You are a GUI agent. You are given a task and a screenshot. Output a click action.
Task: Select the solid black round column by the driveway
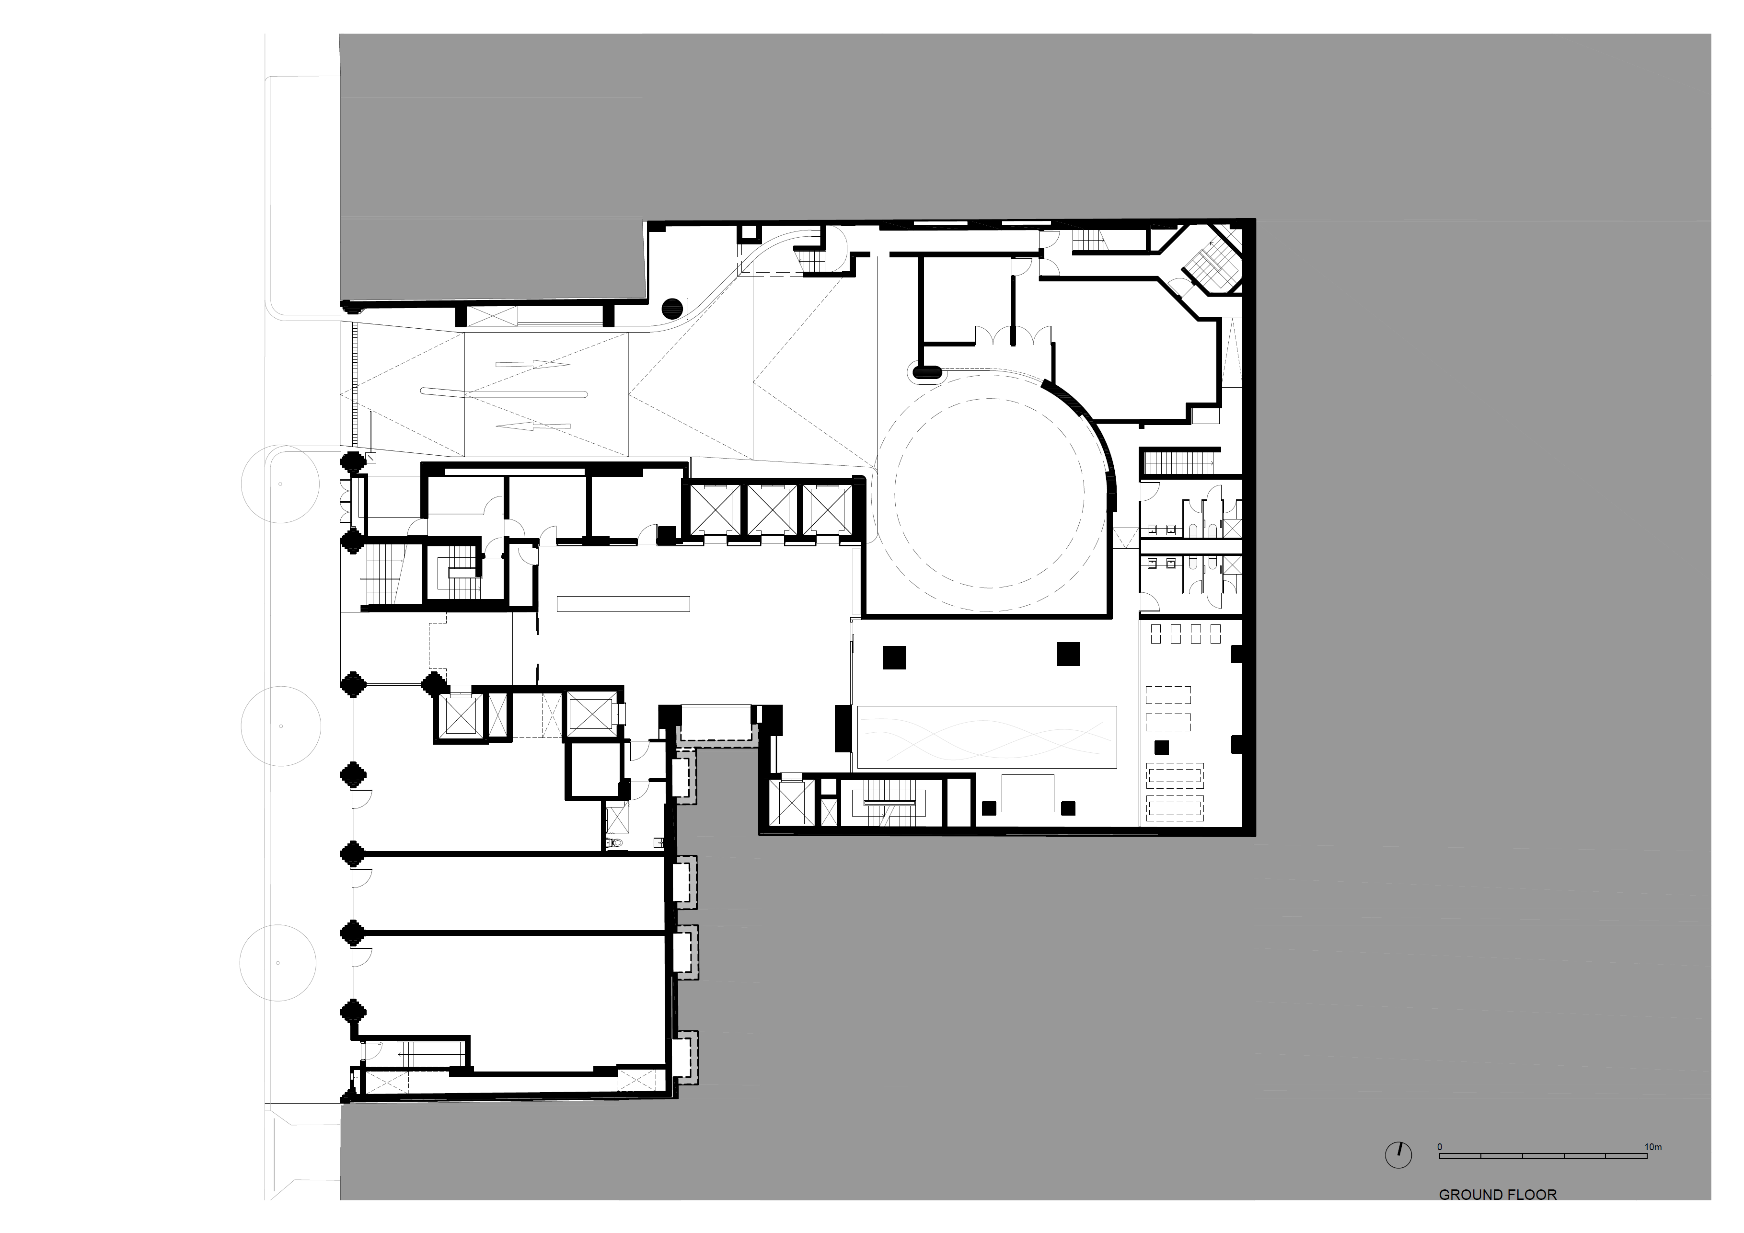[x=671, y=309]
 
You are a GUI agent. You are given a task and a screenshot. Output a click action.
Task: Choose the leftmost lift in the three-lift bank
[x=714, y=509]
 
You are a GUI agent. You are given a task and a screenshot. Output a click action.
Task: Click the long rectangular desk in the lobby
[x=623, y=604]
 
